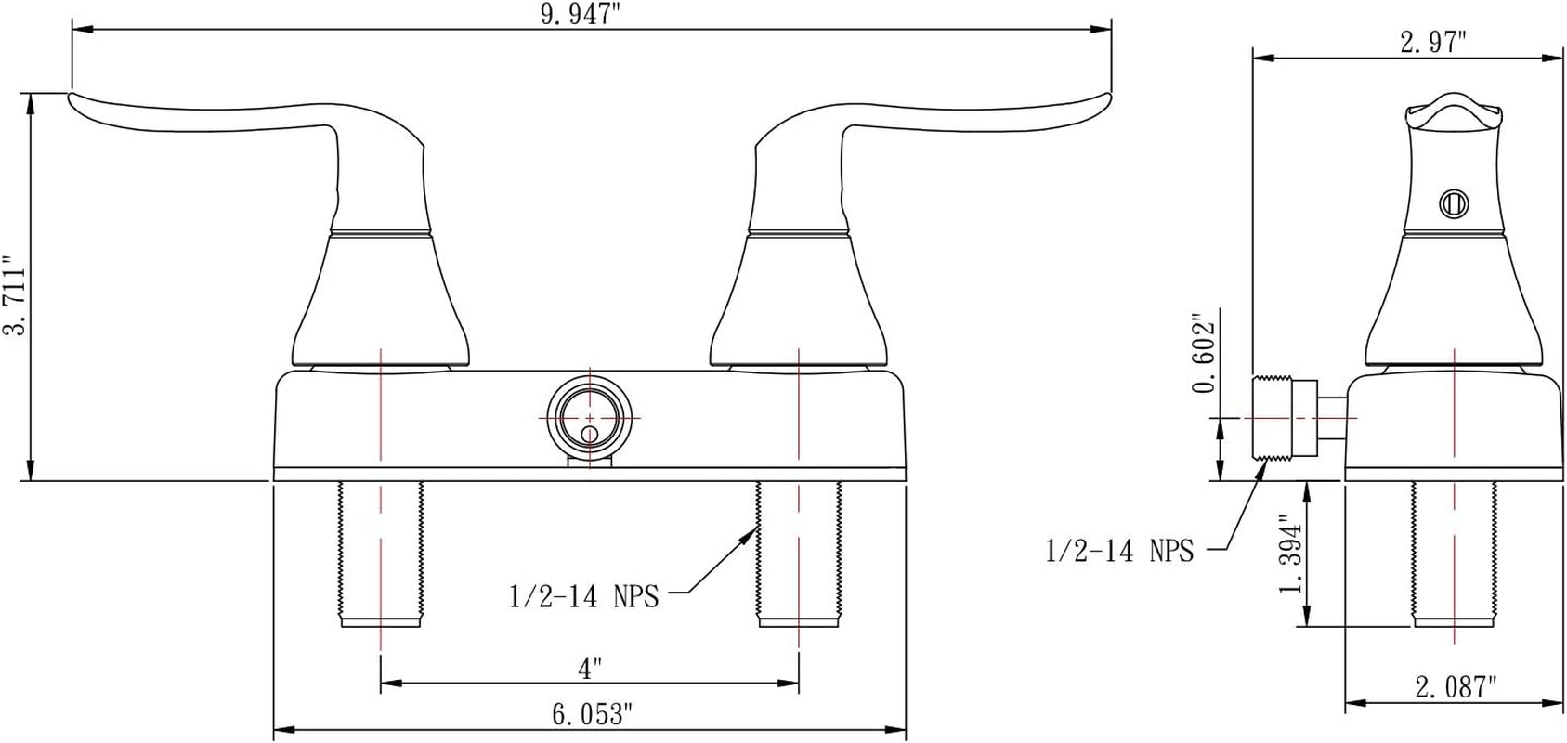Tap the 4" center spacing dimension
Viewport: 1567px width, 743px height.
pyautogui.click(x=590, y=668)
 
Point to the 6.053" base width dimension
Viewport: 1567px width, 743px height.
pyautogui.click(x=592, y=714)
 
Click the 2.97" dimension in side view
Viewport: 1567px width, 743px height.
pyautogui.click(x=1433, y=42)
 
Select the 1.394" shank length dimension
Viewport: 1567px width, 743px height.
pyautogui.click(x=1291, y=554)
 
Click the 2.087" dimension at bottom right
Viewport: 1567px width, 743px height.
pyautogui.click(x=1456, y=687)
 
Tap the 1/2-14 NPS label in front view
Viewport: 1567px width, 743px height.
pyautogui.click(x=583, y=596)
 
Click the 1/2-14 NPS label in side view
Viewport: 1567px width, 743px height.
pyautogui.click(x=1119, y=551)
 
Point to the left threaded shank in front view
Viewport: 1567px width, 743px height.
pyautogui.click(x=382, y=553)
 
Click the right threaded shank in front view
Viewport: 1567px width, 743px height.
pyautogui.click(x=799, y=553)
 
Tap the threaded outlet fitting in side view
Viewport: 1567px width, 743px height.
pyautogui.click(x=1284, y=418)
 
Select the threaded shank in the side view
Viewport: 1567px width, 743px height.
pyautogui.click(x=1454, y=553)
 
